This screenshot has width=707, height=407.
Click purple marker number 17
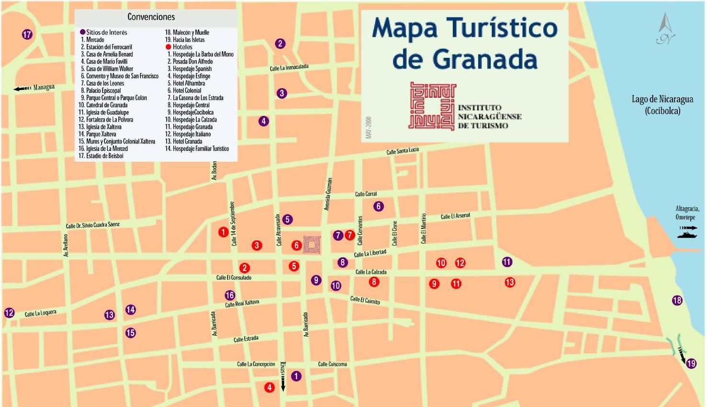(x=27, y=34)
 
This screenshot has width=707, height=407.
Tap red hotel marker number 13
(x=510, y=283)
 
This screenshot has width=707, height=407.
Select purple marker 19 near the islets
(x=691, y=364)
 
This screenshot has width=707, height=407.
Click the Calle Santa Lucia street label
(x=402, y=151)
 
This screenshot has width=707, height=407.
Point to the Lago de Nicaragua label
(x=662, y=104)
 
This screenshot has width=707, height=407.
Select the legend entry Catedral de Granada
(x=103, y=105)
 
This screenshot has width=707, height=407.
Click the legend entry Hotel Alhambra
(x=186, y=83)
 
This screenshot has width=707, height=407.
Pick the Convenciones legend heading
(x=151, y=17)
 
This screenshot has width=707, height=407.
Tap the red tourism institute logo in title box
(x=432, y=106)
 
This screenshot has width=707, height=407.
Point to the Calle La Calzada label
(x=371, y=272)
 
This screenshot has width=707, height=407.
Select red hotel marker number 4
(x=269, y=387)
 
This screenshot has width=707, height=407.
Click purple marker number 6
(x=378, y=206)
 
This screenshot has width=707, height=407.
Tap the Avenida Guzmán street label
(x=328, y=194)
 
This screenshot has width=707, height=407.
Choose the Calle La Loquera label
(x=40, y=313)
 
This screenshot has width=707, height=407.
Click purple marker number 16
(x=230, y=295)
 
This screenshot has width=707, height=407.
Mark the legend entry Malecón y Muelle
(x=187, y=32)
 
